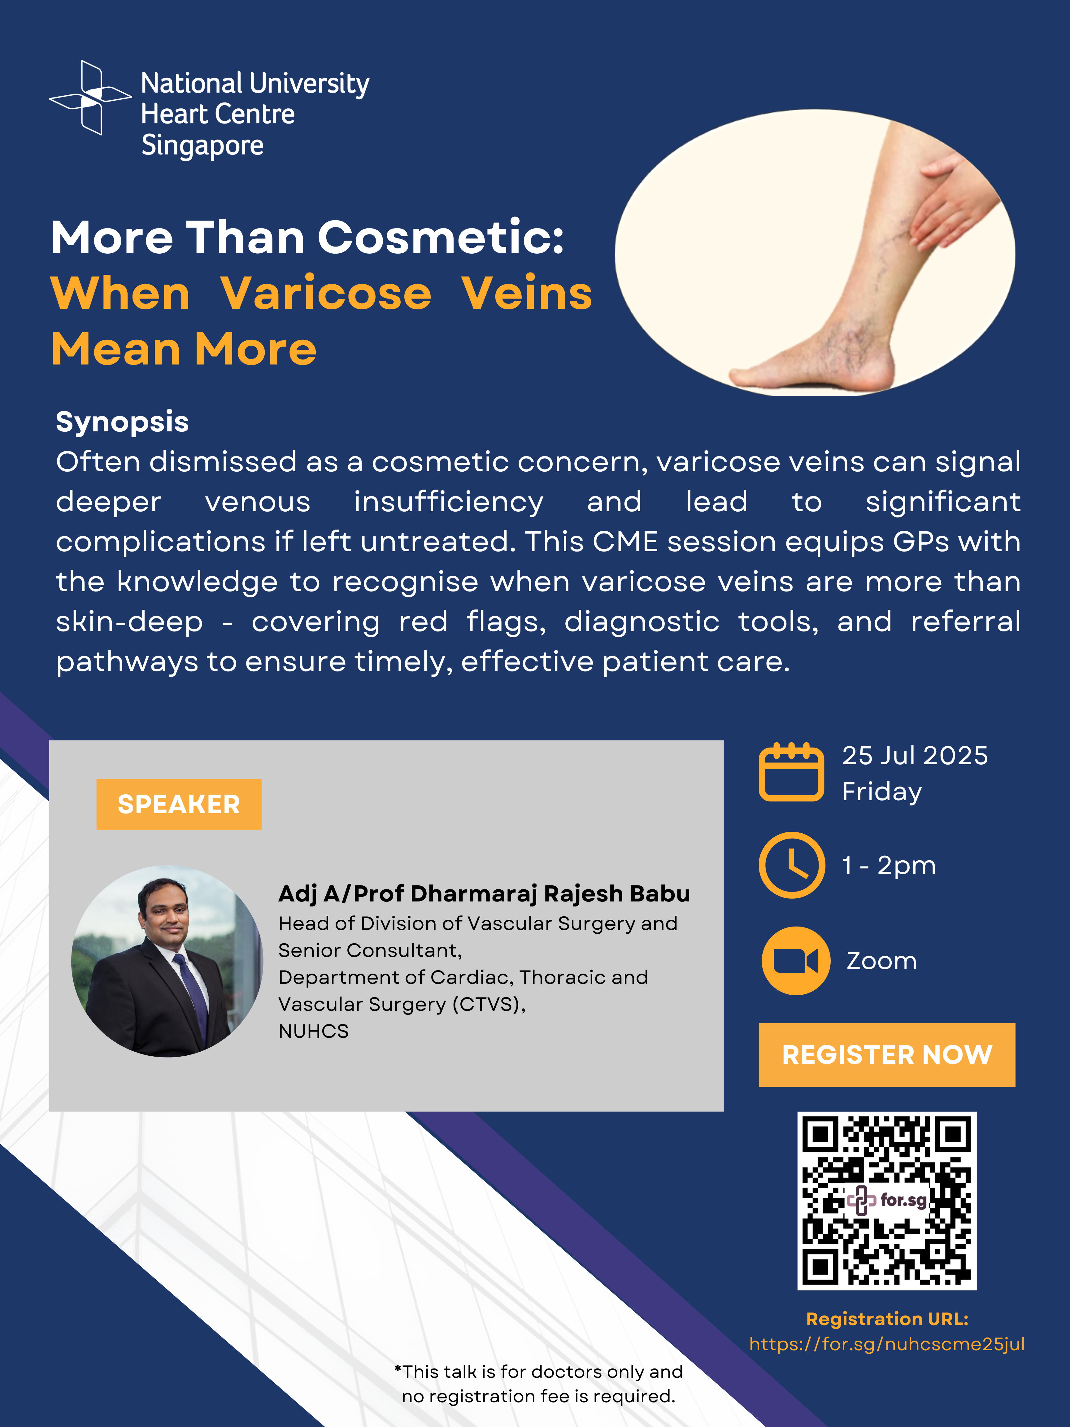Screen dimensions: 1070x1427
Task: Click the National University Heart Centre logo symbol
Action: pyautogui.click(x=90, y=98)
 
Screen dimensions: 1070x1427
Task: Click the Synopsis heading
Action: pyautogui.click(x=122, y=422)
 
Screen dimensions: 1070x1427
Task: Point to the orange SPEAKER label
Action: pyautogui.click(x=179, y=804)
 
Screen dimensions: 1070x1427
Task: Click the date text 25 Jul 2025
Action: pyautogui.click(x=915, y=755)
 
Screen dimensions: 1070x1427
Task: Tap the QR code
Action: pyautogui.click(x=887, y=1201)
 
